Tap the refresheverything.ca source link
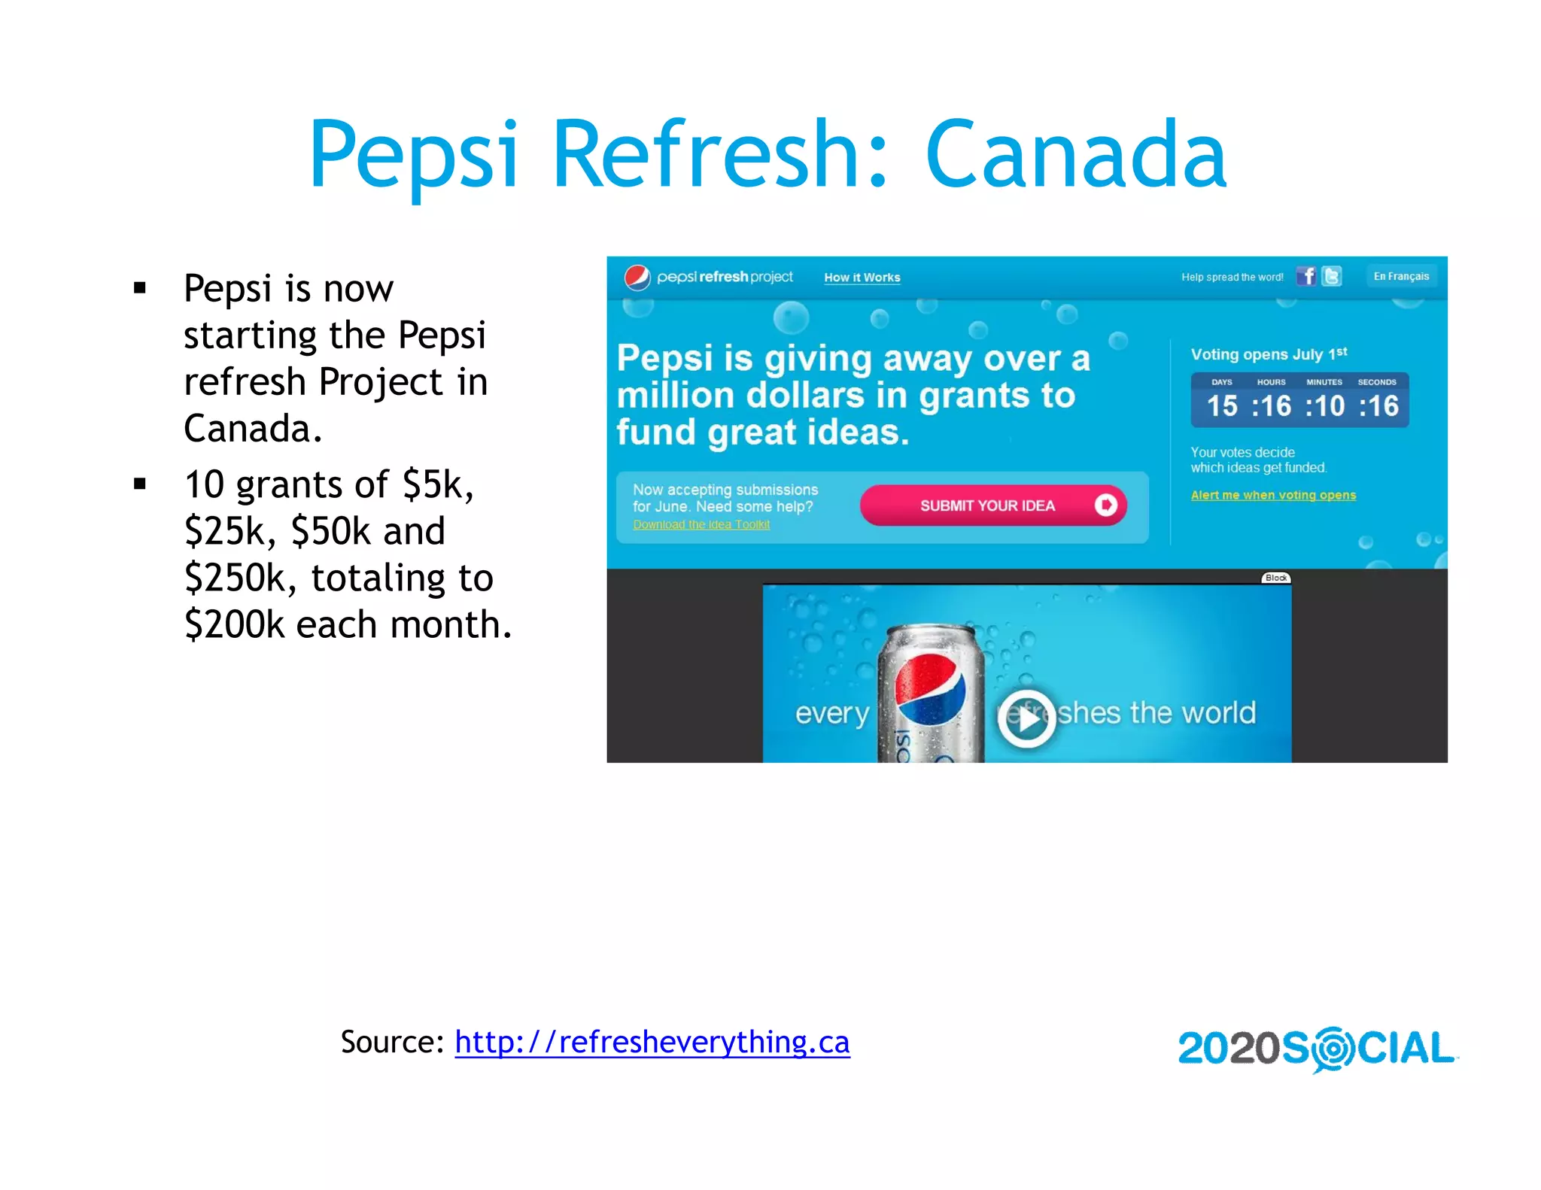coord(652,1042)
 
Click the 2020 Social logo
coord(1317,1049)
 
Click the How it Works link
coord(862,278)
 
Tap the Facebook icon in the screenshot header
coord(1306,276)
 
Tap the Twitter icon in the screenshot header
coord(1332,276)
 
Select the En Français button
coord(1401,276)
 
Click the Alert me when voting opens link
coord(1273,495)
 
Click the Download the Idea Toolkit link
coord(701,524)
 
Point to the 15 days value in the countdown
coord(1222,406)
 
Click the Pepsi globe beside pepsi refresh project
coord(637,278)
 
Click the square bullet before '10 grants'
coord(139,484)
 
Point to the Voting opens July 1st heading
coord(1269,354)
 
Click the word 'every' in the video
coord(831,713)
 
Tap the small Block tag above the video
coord(1275,578)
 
